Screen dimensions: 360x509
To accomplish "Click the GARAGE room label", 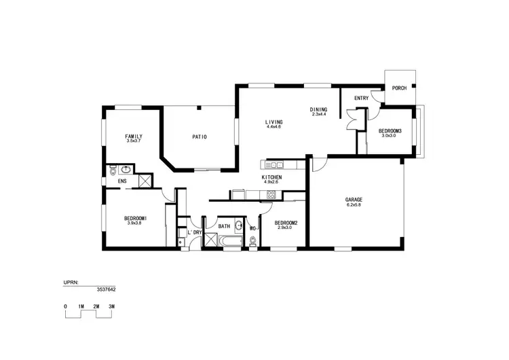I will coord(354,200).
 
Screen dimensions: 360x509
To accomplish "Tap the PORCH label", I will coord(399,88).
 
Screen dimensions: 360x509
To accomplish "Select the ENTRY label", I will coord(361,98).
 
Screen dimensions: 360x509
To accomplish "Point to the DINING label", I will coord(319,109).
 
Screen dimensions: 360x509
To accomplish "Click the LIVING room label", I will coord(274,122).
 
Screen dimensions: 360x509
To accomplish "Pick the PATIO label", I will coord(200,137).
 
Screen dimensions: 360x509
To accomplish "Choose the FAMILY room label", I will coord(134,137).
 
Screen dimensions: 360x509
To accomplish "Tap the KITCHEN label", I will coord(271,177).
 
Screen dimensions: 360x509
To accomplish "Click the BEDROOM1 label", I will coord(136,218).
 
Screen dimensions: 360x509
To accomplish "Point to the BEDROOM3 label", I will coord(390,130).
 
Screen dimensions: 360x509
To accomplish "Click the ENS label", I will coord(122,181).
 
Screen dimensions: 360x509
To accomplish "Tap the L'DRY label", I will coord(195,232).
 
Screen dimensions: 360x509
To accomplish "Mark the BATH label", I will coord(224,226).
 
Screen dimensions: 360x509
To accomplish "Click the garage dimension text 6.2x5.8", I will coord(354,205).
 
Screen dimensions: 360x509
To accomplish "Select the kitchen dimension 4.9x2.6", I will coord(271,182).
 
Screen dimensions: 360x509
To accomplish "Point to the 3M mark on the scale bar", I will coord(111,307).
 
